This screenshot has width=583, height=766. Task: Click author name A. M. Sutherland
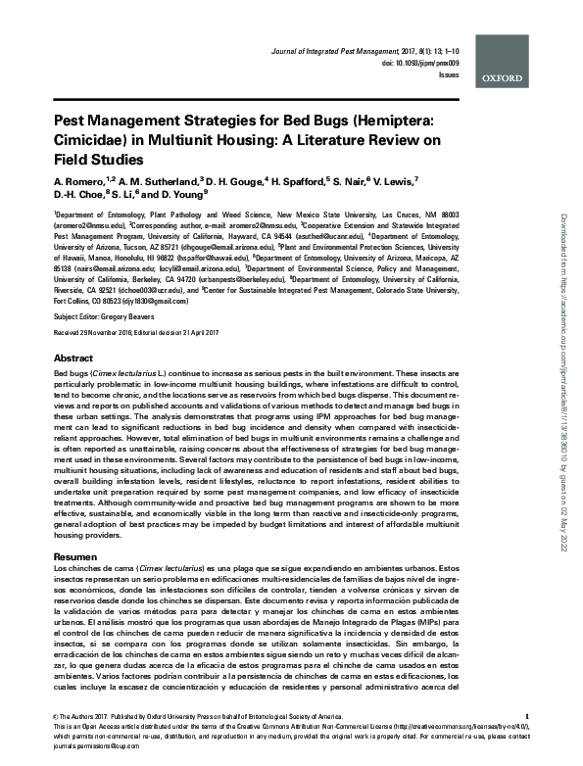click(130, 182)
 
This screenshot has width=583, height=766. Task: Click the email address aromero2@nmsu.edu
click(87, 223)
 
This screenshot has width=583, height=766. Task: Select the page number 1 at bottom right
click(527, 718)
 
